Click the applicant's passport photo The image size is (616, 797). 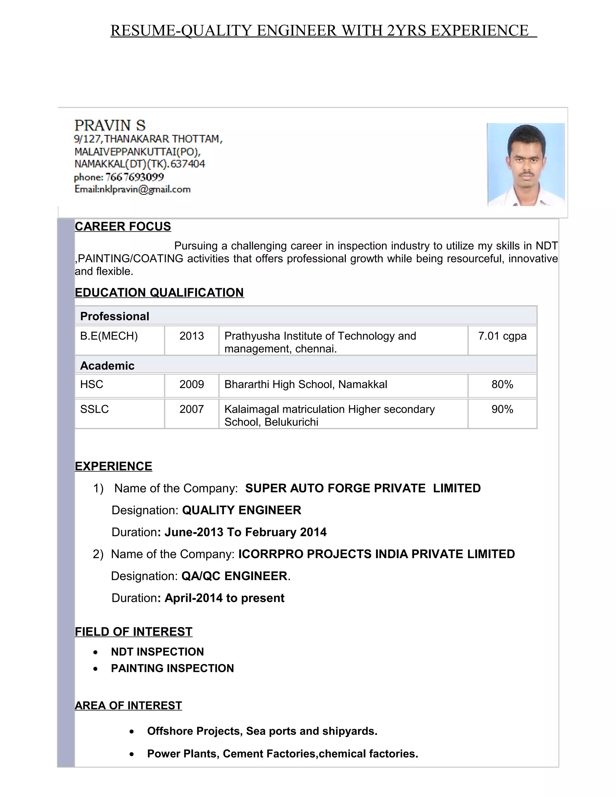[525, 165]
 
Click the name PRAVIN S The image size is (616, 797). [110, 125]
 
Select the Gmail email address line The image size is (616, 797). [132, 189]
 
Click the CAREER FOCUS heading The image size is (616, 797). [123, 227]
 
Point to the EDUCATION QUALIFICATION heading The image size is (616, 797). [159, 293]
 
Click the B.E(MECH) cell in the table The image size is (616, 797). [109, 336]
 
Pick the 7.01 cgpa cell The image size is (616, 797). [502, 336]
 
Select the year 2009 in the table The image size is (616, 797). [192, 384]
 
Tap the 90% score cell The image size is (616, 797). [502, 409]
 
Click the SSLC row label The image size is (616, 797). [94, 409]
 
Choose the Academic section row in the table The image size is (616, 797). [107, 366]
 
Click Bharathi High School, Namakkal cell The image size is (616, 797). [306, 384]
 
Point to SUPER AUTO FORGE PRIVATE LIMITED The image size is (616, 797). [363, 488]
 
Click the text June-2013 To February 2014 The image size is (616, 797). [245, 532]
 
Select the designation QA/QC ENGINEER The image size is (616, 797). [234, 576]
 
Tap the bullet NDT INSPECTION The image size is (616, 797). [157, 652]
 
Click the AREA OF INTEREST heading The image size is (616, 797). [128, 705]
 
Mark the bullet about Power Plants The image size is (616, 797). [282, 754]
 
